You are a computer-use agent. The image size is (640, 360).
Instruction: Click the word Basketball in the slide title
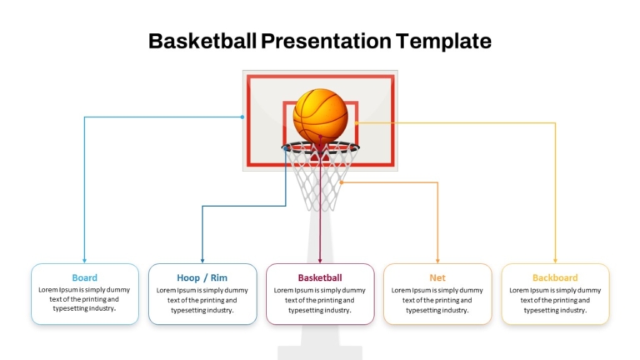202,41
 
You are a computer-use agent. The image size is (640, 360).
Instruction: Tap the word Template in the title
443,42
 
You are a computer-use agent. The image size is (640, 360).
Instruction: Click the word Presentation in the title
326,41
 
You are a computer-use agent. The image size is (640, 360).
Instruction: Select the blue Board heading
84,277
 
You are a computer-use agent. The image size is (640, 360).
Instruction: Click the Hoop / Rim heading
202,277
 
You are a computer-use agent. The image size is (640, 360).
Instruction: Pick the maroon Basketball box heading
320,277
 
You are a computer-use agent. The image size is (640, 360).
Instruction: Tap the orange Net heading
437,277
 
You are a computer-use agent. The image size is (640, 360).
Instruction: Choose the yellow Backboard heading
555,277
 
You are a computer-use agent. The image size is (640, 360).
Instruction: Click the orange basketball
320,115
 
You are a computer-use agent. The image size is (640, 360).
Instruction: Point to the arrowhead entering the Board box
84,260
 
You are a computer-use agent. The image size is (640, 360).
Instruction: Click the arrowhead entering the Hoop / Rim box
202,260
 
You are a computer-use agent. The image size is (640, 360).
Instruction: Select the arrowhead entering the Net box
437,260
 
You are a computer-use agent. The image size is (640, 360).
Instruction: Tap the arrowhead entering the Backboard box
555,260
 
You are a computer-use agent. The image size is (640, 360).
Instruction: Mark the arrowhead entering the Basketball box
320,260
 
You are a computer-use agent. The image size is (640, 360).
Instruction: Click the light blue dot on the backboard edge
242,117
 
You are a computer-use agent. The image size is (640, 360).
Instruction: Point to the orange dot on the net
342,182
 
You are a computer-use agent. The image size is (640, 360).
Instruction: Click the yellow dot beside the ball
357,122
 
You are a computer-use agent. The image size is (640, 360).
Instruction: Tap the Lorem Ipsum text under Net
437,300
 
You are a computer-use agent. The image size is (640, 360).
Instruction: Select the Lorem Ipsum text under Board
84,299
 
